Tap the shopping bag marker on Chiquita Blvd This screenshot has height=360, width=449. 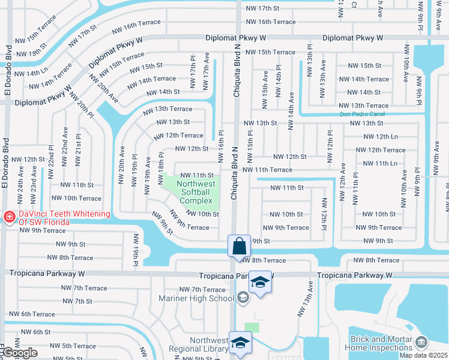239,245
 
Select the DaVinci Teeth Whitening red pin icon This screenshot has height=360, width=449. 8,217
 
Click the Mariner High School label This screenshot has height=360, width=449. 196,298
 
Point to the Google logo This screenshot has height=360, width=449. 19,353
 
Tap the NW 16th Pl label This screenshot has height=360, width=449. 220,142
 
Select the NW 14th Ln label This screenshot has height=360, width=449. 30,73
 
